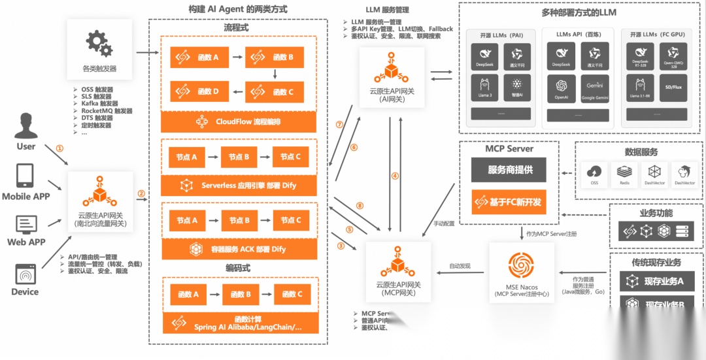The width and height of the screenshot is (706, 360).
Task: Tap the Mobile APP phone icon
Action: pyautogui.click(x=25, y=176)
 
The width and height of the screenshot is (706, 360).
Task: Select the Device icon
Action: pyautogui.click(x=25, y=273)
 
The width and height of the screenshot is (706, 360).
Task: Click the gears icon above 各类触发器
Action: pyautogui.click(x=99, y=43)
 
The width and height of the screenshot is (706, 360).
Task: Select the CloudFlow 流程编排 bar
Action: pyautogui.click(x=239, y=122)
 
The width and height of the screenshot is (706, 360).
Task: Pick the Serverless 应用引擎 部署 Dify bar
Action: pyautogui.click(x=239, y=186)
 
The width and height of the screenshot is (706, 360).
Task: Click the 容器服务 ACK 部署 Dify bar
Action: pyautogui.click(x=239, y=249)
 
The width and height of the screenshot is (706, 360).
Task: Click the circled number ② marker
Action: pyautogui.click(x=141, y=194)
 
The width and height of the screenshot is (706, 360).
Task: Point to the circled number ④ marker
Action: pyautogui.click(x=395, y=176)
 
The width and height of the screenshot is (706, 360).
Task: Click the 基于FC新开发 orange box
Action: pyautogui.click(x=509, y=202)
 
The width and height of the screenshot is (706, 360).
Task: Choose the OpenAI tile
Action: pyautogui.click(x=561, y=89)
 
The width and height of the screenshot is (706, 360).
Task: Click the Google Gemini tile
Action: pyautogui.click(x=594, y=89)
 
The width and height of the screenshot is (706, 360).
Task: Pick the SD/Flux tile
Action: pyautogui.click(x=673, y=89)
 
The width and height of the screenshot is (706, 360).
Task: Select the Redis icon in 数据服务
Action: pyautogui.click(x=625, y=174)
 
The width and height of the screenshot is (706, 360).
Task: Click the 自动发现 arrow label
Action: pyautogui.click(x=460, y=266)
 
